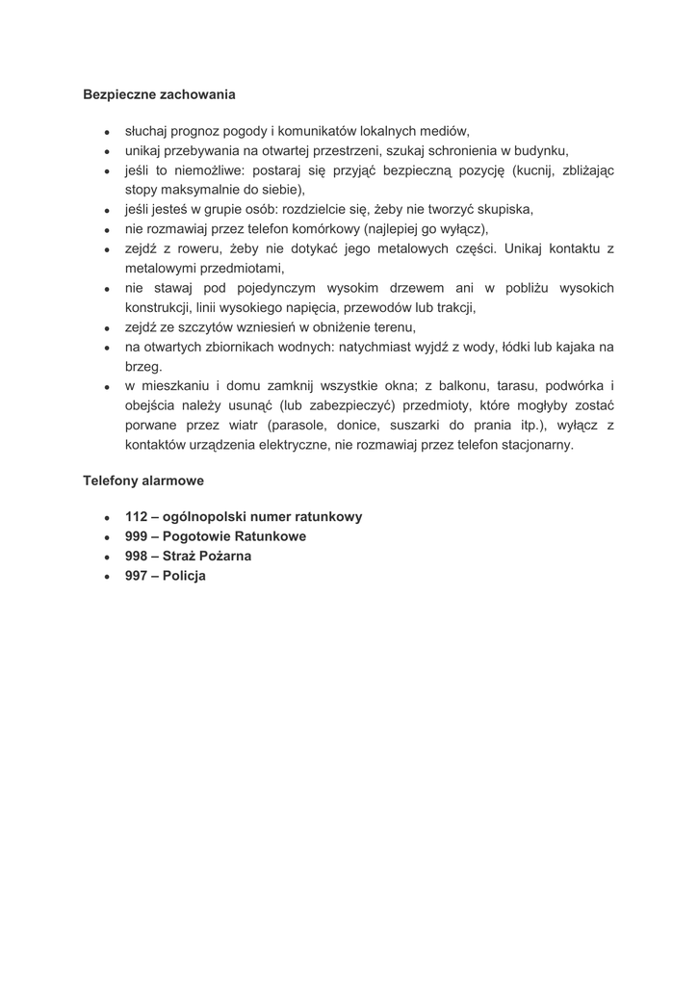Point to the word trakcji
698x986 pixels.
pos(452,308)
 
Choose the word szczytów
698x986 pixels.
pos(202,327)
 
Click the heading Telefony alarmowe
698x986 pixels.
pos(143,479)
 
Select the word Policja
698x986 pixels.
pos(185,576)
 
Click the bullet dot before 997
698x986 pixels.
pos(108,577)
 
